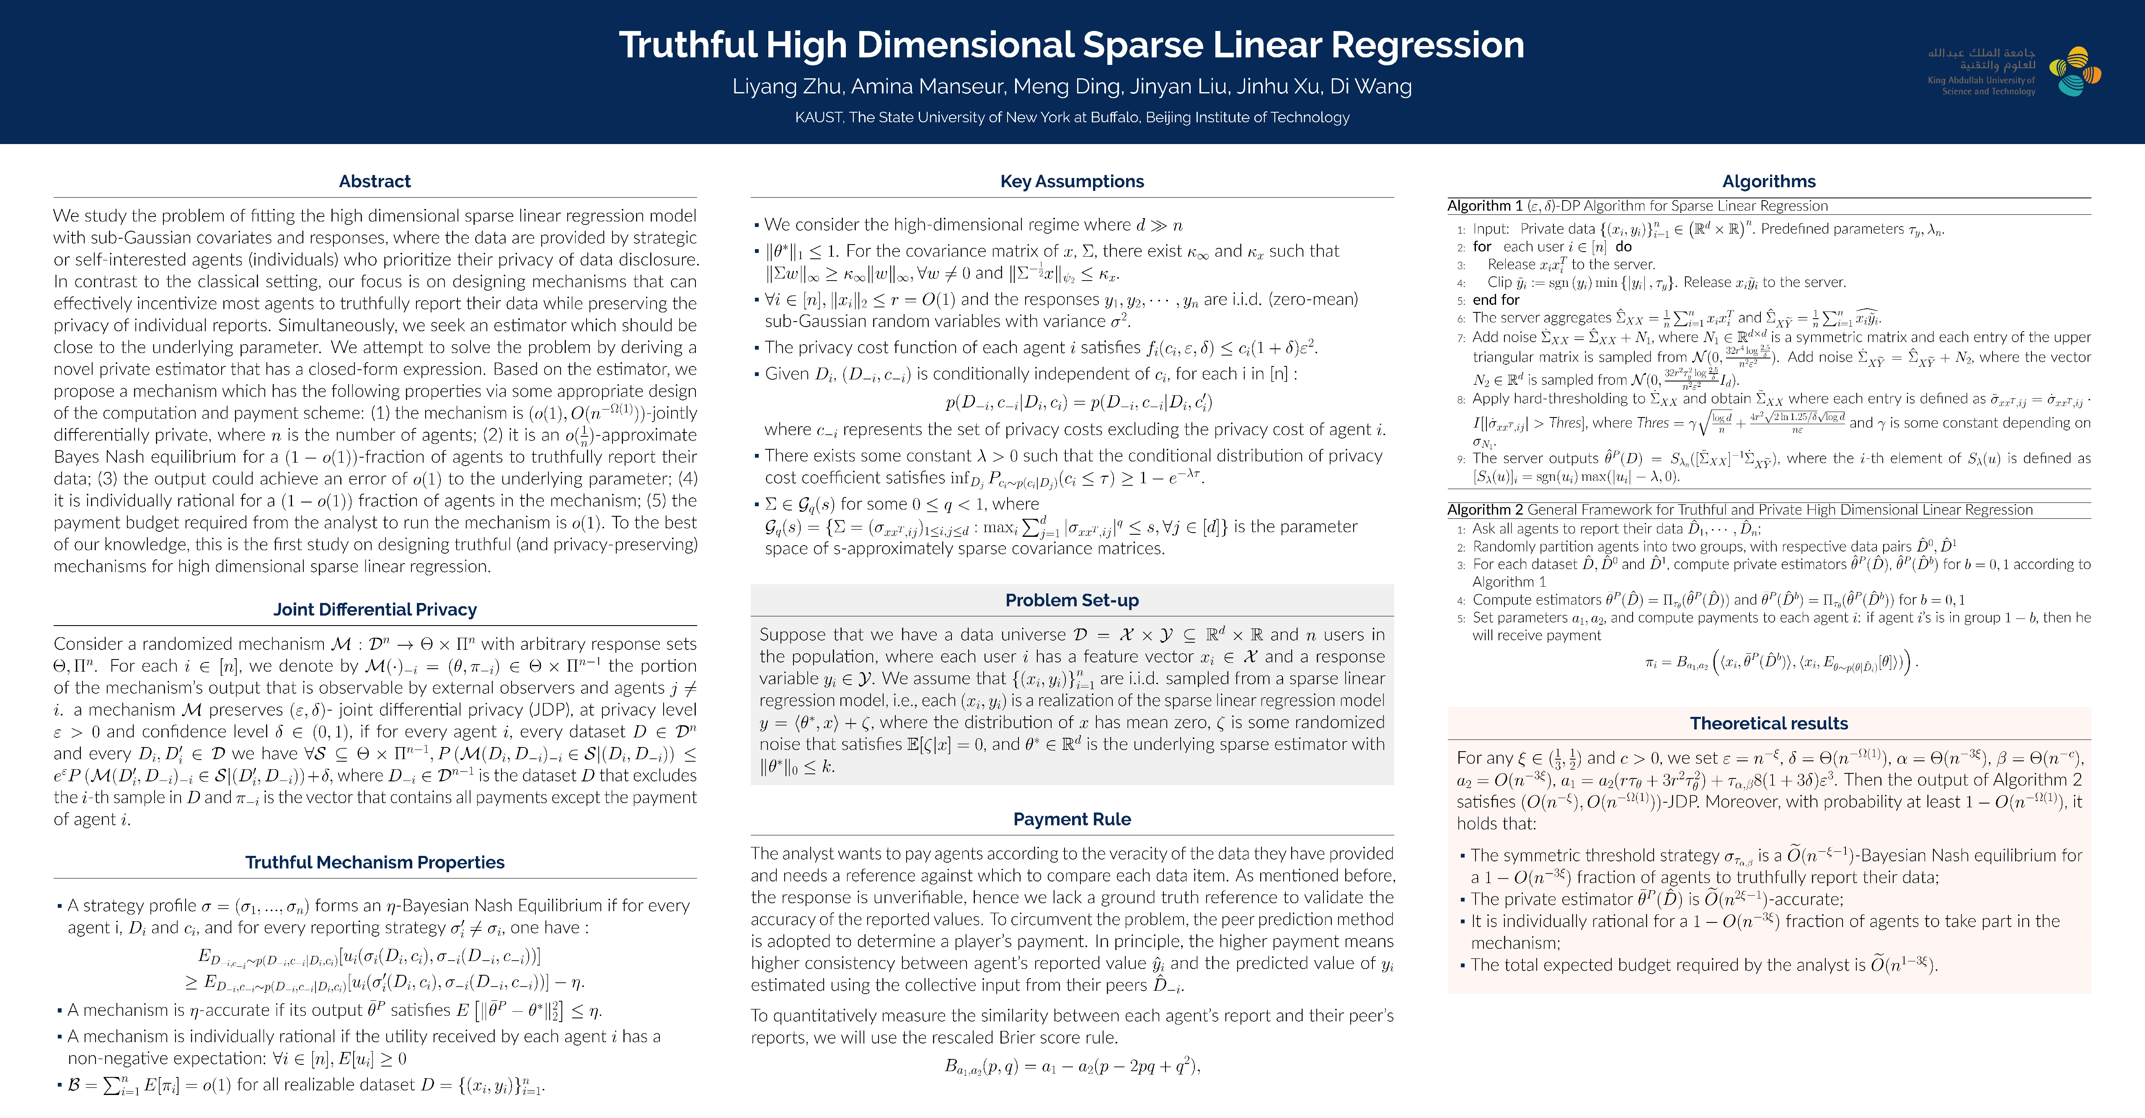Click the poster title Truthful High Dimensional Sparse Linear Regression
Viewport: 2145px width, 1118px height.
coord(1072,45)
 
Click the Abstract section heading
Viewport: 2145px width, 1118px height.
coord(375,181)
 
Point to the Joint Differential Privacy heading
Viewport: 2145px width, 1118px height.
coord(375,609)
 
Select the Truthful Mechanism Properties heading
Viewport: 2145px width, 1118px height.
coord(375,863)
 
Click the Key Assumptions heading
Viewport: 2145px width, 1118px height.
coord(1072,181)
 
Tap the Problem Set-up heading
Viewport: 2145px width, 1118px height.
coord(1072,600)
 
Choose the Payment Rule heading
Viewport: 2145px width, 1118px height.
coord(1072,819)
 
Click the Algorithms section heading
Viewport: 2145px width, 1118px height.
coord(1769,181)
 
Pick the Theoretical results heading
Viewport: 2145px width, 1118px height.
coord(1769,724)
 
